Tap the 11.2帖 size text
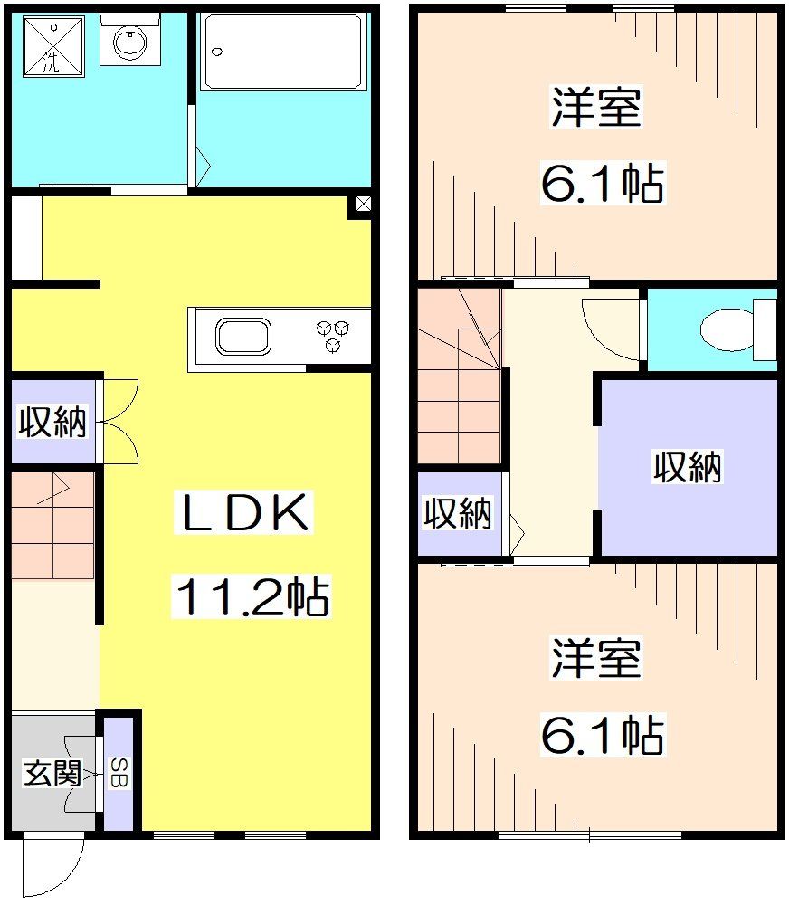click(x=251, y=596)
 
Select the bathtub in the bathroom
click(x=282, y=52)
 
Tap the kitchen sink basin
click(x=242, y=338)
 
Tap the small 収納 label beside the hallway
click(x=459, y=514)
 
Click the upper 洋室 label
click(x=595, y=108)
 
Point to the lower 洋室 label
click(x=595, y=658)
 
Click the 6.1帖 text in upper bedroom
click(x=602, y=184)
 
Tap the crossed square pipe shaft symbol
click(x=362, y=205)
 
